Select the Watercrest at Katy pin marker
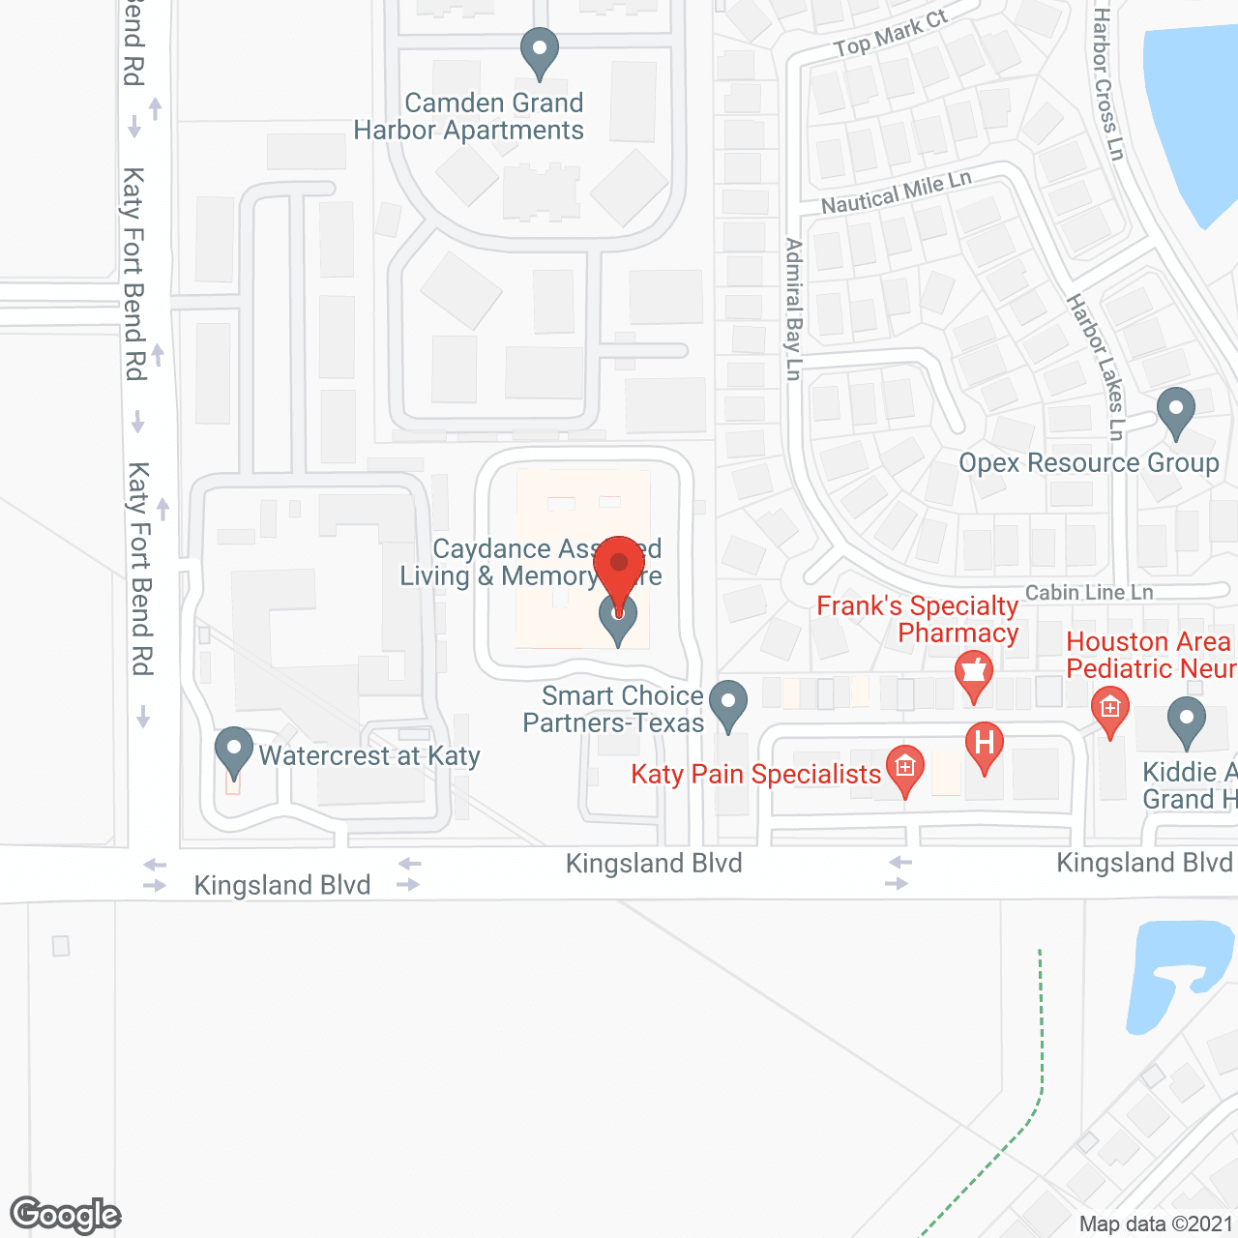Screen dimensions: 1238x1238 (x=233, y=752)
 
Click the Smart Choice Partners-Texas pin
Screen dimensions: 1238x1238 (x=728, y=704)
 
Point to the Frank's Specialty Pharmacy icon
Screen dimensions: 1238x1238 (x=974, y=674)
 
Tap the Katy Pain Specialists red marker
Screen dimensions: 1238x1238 (x=904, y=769)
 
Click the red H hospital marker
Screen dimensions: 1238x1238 (x=985, y=746)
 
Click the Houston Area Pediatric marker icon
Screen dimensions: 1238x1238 (x=1109, y=711)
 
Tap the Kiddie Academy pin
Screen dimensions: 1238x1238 (x=1187, y=722)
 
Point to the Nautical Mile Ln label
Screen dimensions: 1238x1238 (x=897, y=192)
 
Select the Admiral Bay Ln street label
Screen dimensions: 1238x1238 (x=794, y=309)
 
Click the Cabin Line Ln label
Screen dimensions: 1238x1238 (x=1089, y=592)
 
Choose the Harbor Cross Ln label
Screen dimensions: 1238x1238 (x=1107, y=84)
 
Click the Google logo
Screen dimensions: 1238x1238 (x=66, y=1215)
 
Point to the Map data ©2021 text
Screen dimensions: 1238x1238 (x=1156, y=1223)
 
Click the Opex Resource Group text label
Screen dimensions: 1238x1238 (x=1088, y=463)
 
